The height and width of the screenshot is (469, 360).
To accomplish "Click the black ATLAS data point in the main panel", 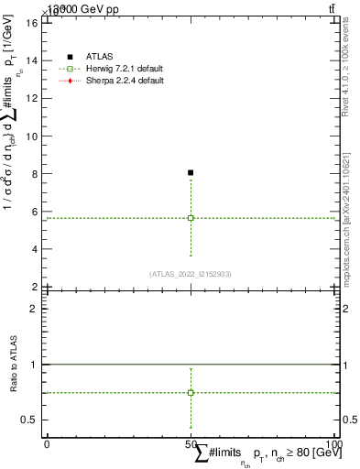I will pos(191,172).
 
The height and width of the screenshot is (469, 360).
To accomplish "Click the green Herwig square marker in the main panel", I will pos(191,218).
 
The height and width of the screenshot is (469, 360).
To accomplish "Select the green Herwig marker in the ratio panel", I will pos(191,392).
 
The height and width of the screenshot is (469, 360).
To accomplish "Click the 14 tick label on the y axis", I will pos(34,60).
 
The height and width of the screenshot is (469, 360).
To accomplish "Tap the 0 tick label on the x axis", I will pos(46,444).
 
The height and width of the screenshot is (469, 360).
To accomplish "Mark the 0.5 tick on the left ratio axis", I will pos(32,420).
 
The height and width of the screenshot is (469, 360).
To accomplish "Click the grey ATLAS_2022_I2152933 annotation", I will pos(190,273).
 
